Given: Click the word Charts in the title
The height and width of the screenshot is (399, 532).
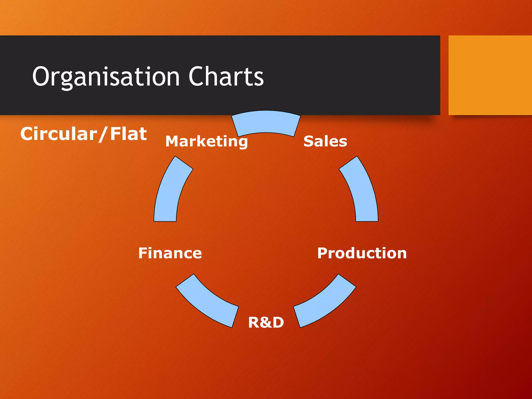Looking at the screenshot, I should (226, 76).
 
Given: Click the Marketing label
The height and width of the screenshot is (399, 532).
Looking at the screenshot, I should (207, 142).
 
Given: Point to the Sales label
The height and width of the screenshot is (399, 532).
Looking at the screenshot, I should (325, 141).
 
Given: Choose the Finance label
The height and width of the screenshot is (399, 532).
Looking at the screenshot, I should (170, 253).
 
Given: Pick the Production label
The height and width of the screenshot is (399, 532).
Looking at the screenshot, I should (362, 253).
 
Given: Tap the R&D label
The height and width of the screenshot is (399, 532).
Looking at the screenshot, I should (266, 322).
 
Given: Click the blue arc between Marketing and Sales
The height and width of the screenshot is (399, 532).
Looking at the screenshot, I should (266, 122).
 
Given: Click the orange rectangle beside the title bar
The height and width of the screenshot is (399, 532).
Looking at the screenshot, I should (490, 75).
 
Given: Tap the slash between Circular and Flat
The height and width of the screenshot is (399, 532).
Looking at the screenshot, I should (103, 134).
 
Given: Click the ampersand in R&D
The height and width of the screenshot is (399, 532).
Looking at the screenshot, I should (266, 322).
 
